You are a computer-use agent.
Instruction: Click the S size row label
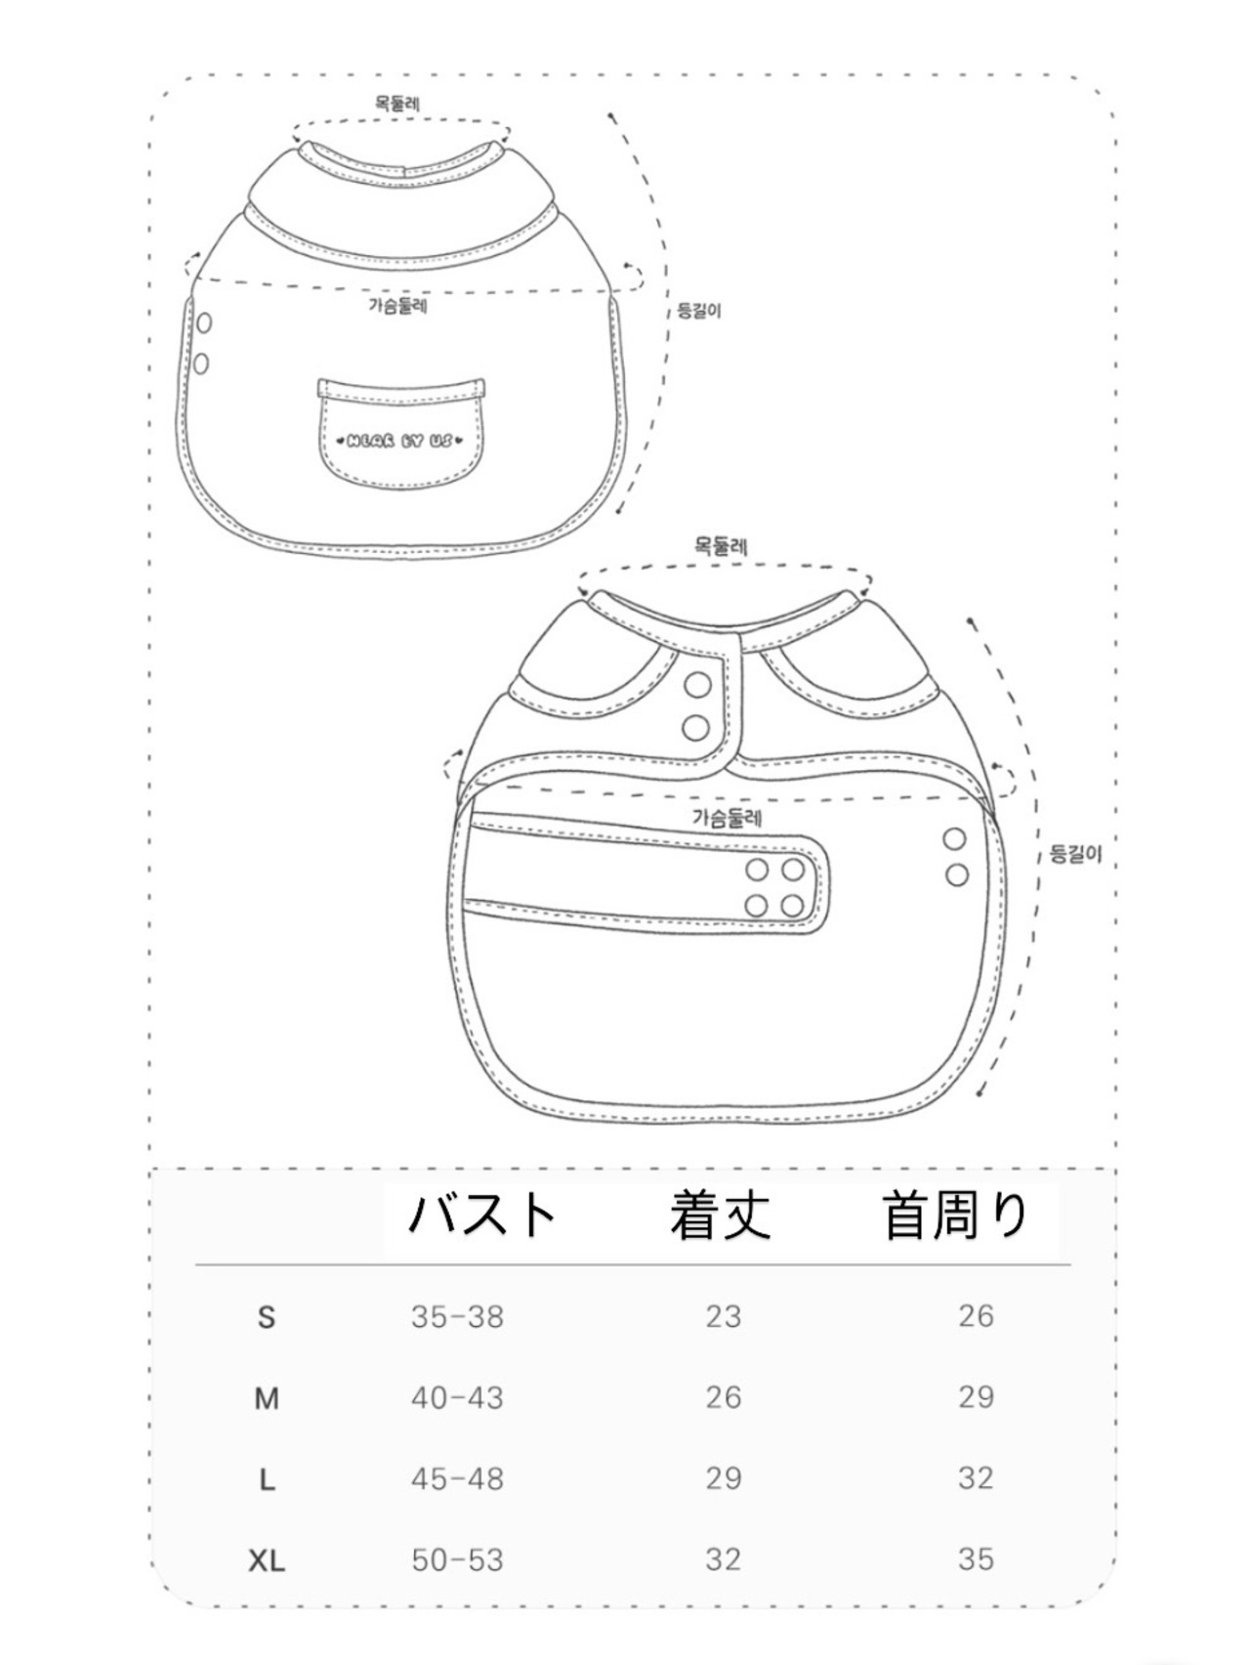click(x=267, y=1318)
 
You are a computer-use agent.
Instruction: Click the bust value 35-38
click(x=457, y=1317)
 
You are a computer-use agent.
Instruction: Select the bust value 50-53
click(x=457, y=1560)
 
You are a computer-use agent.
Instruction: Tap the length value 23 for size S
click(x=724, y=1317)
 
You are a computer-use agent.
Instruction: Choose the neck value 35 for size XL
click(x=976, y=1559)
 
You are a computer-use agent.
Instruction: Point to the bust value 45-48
click(x=457, y=1479)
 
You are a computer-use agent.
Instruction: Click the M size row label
click(x=267, y=1399)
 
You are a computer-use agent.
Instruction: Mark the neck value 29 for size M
click(x=976, y=1397)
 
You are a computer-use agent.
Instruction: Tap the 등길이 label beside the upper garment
click(x=699, y=312)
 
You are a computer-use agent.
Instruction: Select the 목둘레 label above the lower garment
click(x=721, y=547)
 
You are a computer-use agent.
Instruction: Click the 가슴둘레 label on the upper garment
click(x=398, y=306)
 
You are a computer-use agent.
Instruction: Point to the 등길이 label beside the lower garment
click(x=1075, y=854)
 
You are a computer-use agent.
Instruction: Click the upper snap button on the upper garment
click(x=204, y=322)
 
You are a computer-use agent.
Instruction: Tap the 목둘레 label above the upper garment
click(x=398, y=103)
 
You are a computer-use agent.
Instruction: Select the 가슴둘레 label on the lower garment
click(x=728, y=817)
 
